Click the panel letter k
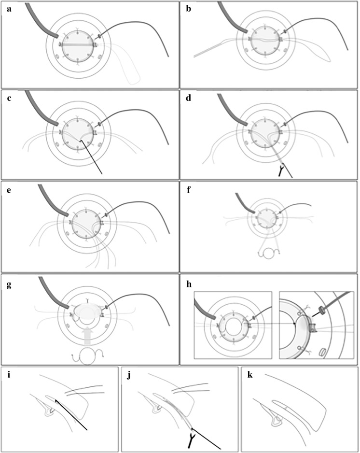coord(250,373)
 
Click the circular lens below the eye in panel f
coord(267,253)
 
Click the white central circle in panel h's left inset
coord(233,325)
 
